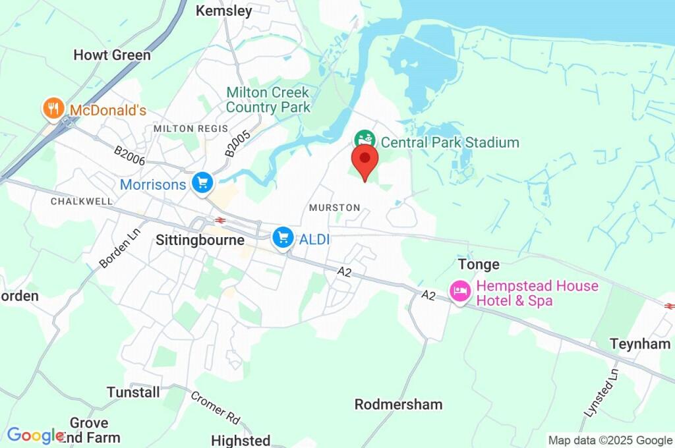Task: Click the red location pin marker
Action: tap(365, 160)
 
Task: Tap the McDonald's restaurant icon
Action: tap(52, 109)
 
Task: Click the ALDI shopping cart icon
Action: tap(283, 237)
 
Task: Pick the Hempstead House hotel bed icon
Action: tap(460, 291)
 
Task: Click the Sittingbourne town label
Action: tap(200, 240)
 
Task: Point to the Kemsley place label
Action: tap(224, 11)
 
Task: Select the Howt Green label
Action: tap(112, 55)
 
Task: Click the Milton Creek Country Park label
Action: tap(268, 99)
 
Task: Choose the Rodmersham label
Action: tap(398, 405)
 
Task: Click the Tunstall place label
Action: tap(133, 393)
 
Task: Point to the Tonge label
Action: tap(479, 265)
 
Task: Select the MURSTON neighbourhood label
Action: tap(334, 208)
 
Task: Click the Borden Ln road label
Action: tap(116, 252)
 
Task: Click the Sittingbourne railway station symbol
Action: tap(220, 221)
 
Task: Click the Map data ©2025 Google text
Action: tap(610, 440)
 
